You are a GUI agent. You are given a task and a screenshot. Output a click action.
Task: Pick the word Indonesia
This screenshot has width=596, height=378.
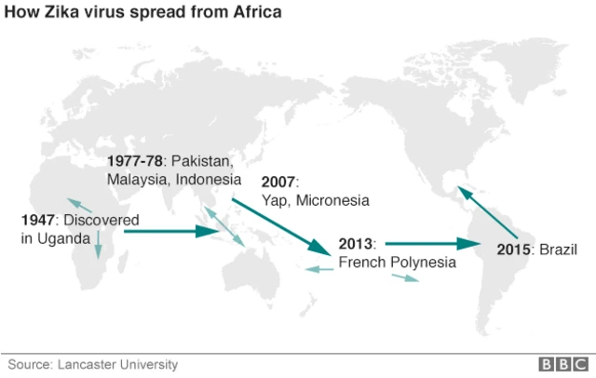(x=208, y=178)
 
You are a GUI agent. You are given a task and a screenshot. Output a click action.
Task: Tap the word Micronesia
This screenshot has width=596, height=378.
(x=333, y=200)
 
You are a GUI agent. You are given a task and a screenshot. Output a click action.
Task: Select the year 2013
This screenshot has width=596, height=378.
(x=356, y=244)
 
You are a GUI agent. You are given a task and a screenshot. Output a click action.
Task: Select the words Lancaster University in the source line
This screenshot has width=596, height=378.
(x=117, y=364)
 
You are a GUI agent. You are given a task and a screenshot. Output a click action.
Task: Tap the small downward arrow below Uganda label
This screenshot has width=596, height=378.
(x=98, y=246)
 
